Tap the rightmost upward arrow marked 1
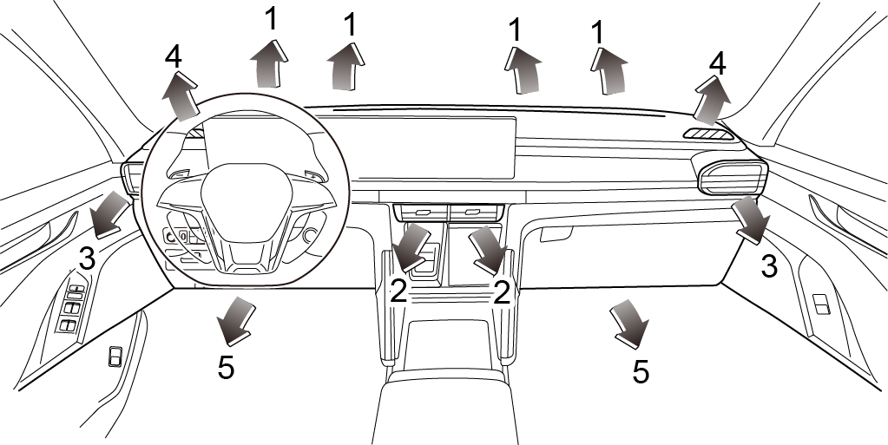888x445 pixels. tap(609, 69)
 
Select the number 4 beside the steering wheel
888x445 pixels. tap(174, 57)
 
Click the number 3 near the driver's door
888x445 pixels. tap(87, 257)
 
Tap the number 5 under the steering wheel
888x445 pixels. tap(226, 367)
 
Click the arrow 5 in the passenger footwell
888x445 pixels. tap(630, 324)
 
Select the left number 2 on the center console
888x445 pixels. tap(398, 291)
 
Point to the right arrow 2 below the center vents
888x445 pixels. tap(488, 246)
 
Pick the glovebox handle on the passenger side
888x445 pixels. tap(556, 234)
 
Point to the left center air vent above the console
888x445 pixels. tap(420, 213)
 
